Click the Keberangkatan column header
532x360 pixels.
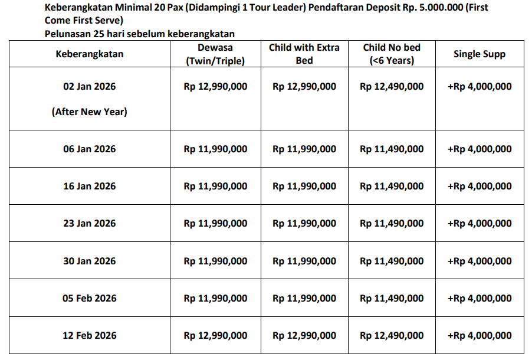[90, 54]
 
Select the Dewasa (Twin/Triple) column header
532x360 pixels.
[215, 54]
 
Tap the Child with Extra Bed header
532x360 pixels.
[304, 54]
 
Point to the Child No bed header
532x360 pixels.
[392, 54]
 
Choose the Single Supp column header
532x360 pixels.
[480, 54]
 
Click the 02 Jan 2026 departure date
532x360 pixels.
[90, 86]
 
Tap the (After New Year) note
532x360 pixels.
[90, 111]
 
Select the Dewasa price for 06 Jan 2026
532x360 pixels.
[215, 149]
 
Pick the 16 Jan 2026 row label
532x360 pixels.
[90, 186]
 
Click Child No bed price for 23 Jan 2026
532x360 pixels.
[392, 223]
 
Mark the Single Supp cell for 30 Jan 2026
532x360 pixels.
[480, 261]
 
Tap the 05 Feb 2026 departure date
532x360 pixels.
[90, 298]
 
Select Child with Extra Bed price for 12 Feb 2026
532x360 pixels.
[304, 335]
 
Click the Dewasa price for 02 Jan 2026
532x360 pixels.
[215, 86]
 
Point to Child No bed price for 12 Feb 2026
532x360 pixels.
[392, 335]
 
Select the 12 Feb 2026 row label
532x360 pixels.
[90, 335]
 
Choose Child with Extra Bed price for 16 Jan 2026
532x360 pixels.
[304, 186]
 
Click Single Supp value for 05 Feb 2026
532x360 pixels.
[480, 298]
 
